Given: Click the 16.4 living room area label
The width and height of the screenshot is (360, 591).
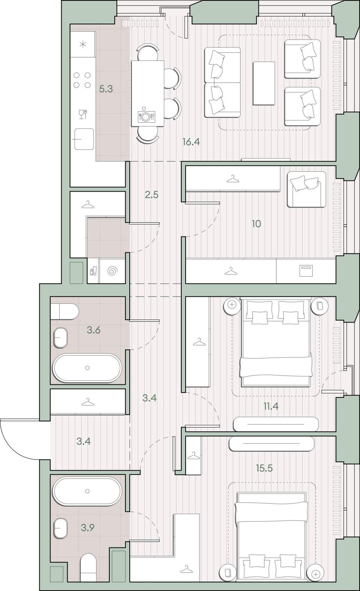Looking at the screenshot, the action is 191,142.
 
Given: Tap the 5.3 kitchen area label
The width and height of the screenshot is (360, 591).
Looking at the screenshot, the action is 106,89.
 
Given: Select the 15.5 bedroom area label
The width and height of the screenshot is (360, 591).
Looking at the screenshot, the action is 264,468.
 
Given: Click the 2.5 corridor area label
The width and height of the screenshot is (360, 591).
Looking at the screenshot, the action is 152,195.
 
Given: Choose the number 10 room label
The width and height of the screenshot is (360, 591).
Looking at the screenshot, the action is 256,224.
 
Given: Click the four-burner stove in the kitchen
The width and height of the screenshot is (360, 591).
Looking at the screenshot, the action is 82,80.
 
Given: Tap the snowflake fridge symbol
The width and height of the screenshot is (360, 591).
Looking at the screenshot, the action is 83,45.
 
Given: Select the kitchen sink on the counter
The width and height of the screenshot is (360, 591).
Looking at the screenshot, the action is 84,139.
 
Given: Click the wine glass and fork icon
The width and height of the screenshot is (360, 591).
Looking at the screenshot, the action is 83,114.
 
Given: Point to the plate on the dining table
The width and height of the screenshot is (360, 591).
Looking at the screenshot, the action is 145,116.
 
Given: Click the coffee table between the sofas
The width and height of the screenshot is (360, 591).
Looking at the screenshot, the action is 264,83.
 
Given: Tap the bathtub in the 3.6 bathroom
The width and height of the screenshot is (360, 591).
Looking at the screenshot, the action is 87,368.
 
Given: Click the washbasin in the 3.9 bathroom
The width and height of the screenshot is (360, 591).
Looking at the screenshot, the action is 60,528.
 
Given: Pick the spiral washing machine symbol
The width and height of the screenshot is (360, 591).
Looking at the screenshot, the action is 112,271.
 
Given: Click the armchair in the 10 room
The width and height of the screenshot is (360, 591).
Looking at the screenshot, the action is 306,189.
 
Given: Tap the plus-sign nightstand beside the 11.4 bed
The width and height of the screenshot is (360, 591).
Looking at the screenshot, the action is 232,305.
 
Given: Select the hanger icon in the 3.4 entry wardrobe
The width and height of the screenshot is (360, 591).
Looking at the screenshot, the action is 87,402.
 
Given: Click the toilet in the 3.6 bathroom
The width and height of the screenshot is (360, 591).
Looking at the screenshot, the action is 65,312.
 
